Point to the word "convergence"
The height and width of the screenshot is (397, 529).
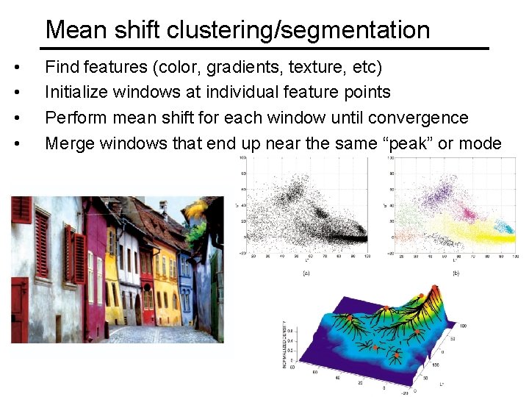pyautogui.click(x=418, y=118)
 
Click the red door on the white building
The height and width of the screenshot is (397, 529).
pyautogui.click(x=18, y=309)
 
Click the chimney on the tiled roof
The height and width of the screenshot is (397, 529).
pyautogui.click(x=163, y=209)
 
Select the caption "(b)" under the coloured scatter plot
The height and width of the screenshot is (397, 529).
pyautogui.click(x=456, y=272)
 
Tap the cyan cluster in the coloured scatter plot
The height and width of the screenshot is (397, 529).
pyautogui.click(x=505, y=226)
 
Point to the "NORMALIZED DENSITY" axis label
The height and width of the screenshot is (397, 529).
pyautogui.click(x=285, y=344)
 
